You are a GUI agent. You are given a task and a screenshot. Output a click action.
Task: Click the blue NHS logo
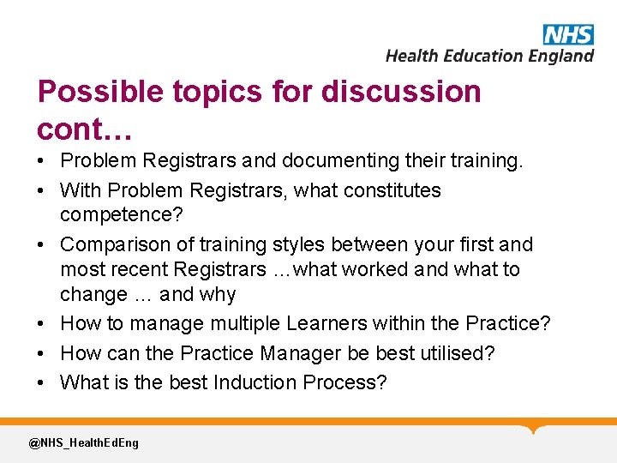pyautogui.click(x=567, y=35)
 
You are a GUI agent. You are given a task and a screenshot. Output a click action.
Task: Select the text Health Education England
pyautogui.click(x=489, y=56)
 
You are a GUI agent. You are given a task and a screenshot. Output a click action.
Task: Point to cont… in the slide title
pyautogui.click(x=84, y=129)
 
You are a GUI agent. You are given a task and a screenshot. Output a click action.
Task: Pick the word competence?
pyautogui.click(x=111, y=214)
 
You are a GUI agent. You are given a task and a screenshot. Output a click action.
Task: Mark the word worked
pyautogui.click(x=375, y=269)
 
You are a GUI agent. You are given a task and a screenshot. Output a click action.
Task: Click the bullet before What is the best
pyautogui.click(x=42, y=382)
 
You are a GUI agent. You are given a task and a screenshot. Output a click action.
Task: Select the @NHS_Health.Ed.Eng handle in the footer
pyautogui.click(x=83, y=443)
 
